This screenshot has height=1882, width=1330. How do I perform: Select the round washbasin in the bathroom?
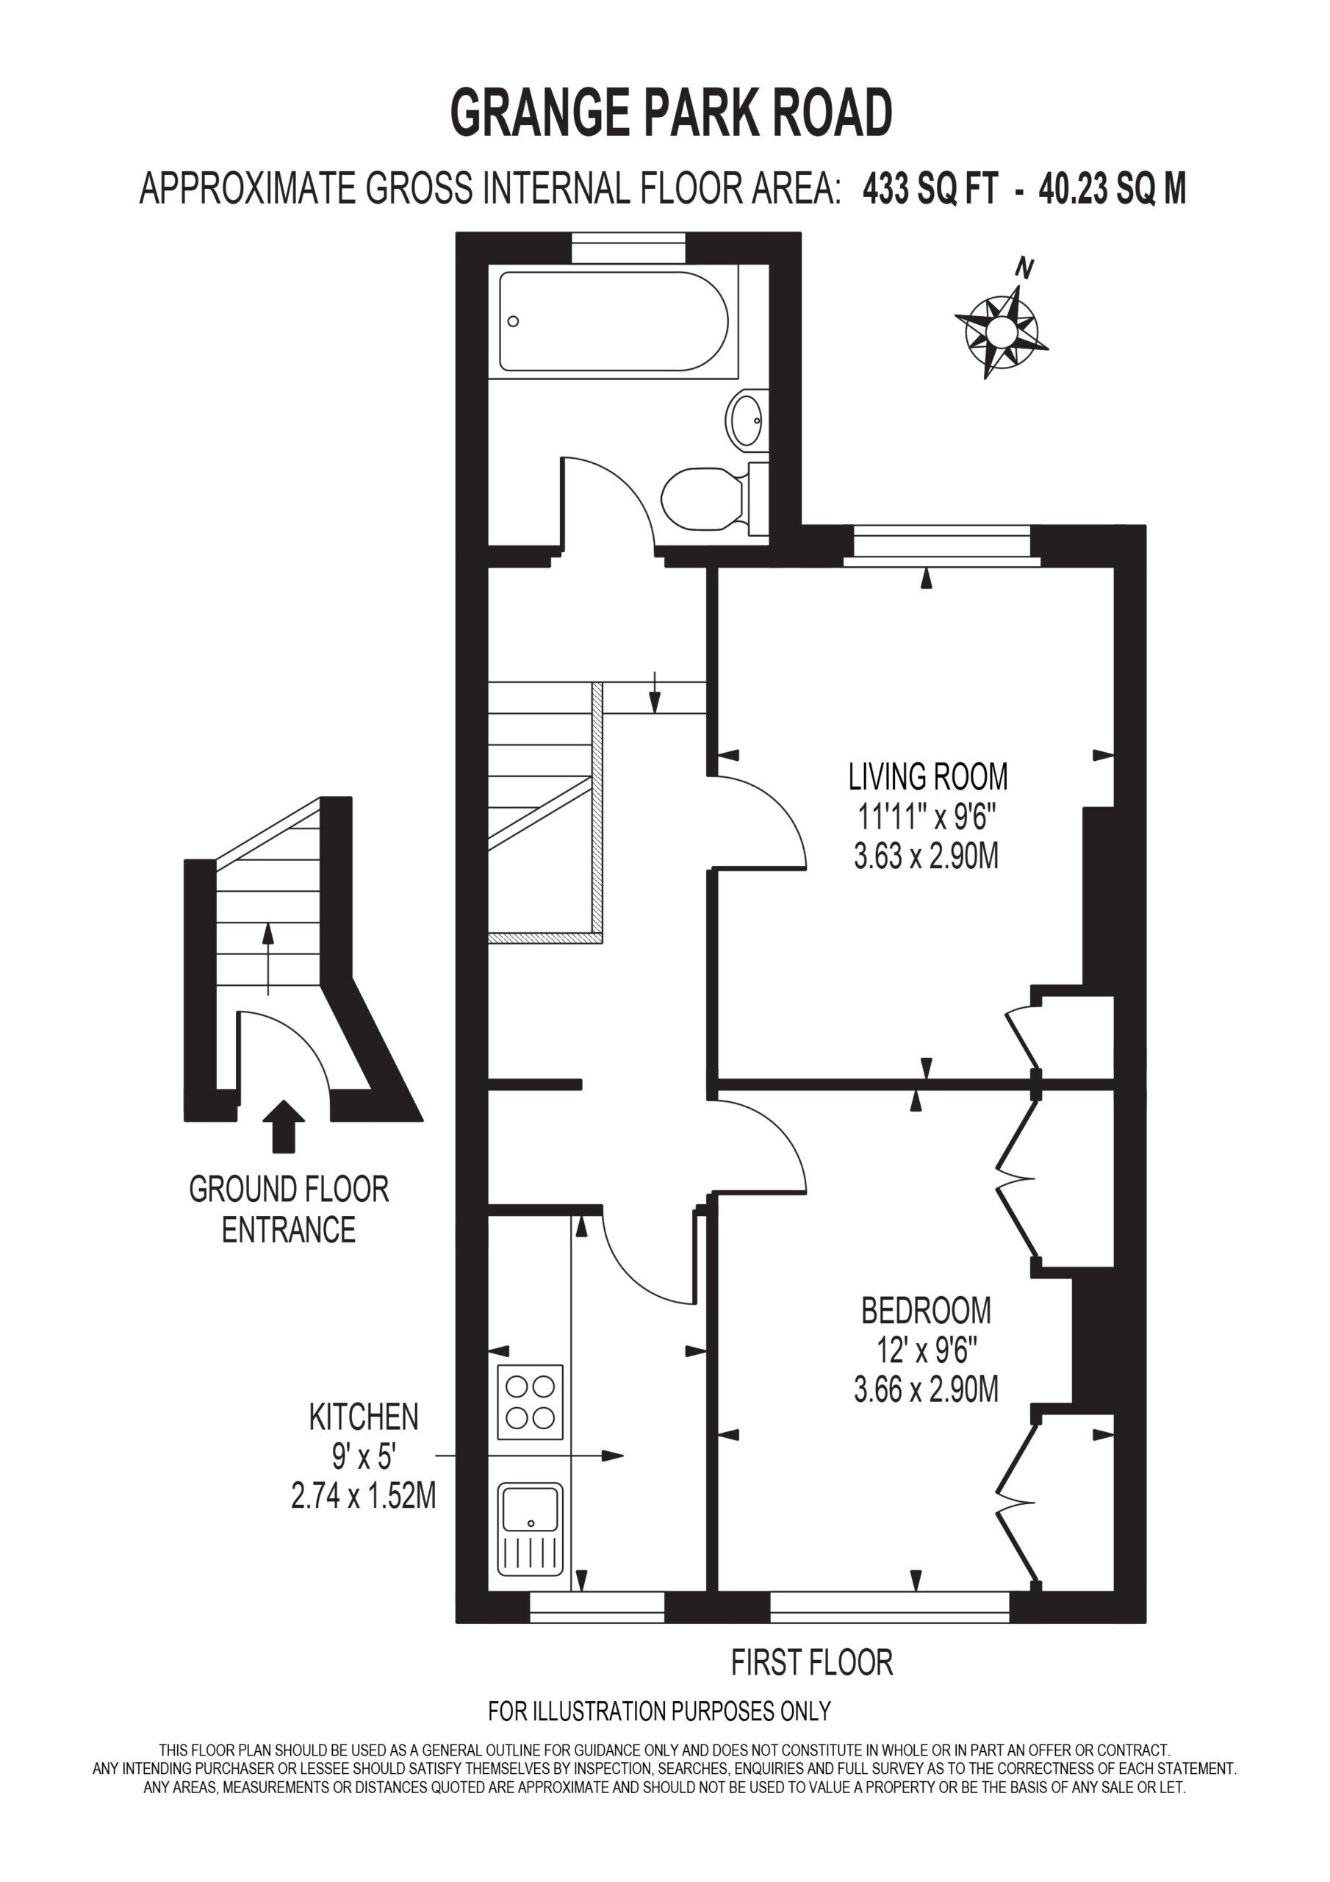click(x=747, y=421)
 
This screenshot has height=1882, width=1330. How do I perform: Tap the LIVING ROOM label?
click(x=927, y=776)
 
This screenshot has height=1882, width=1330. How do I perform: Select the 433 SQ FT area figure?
click(x=930, y=190)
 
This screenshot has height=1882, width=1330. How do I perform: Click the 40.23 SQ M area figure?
click(x=1112, y=190)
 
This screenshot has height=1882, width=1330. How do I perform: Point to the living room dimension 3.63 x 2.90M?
click(x=926, y=857)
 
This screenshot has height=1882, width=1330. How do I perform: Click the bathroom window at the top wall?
click(x=628, y=248)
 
